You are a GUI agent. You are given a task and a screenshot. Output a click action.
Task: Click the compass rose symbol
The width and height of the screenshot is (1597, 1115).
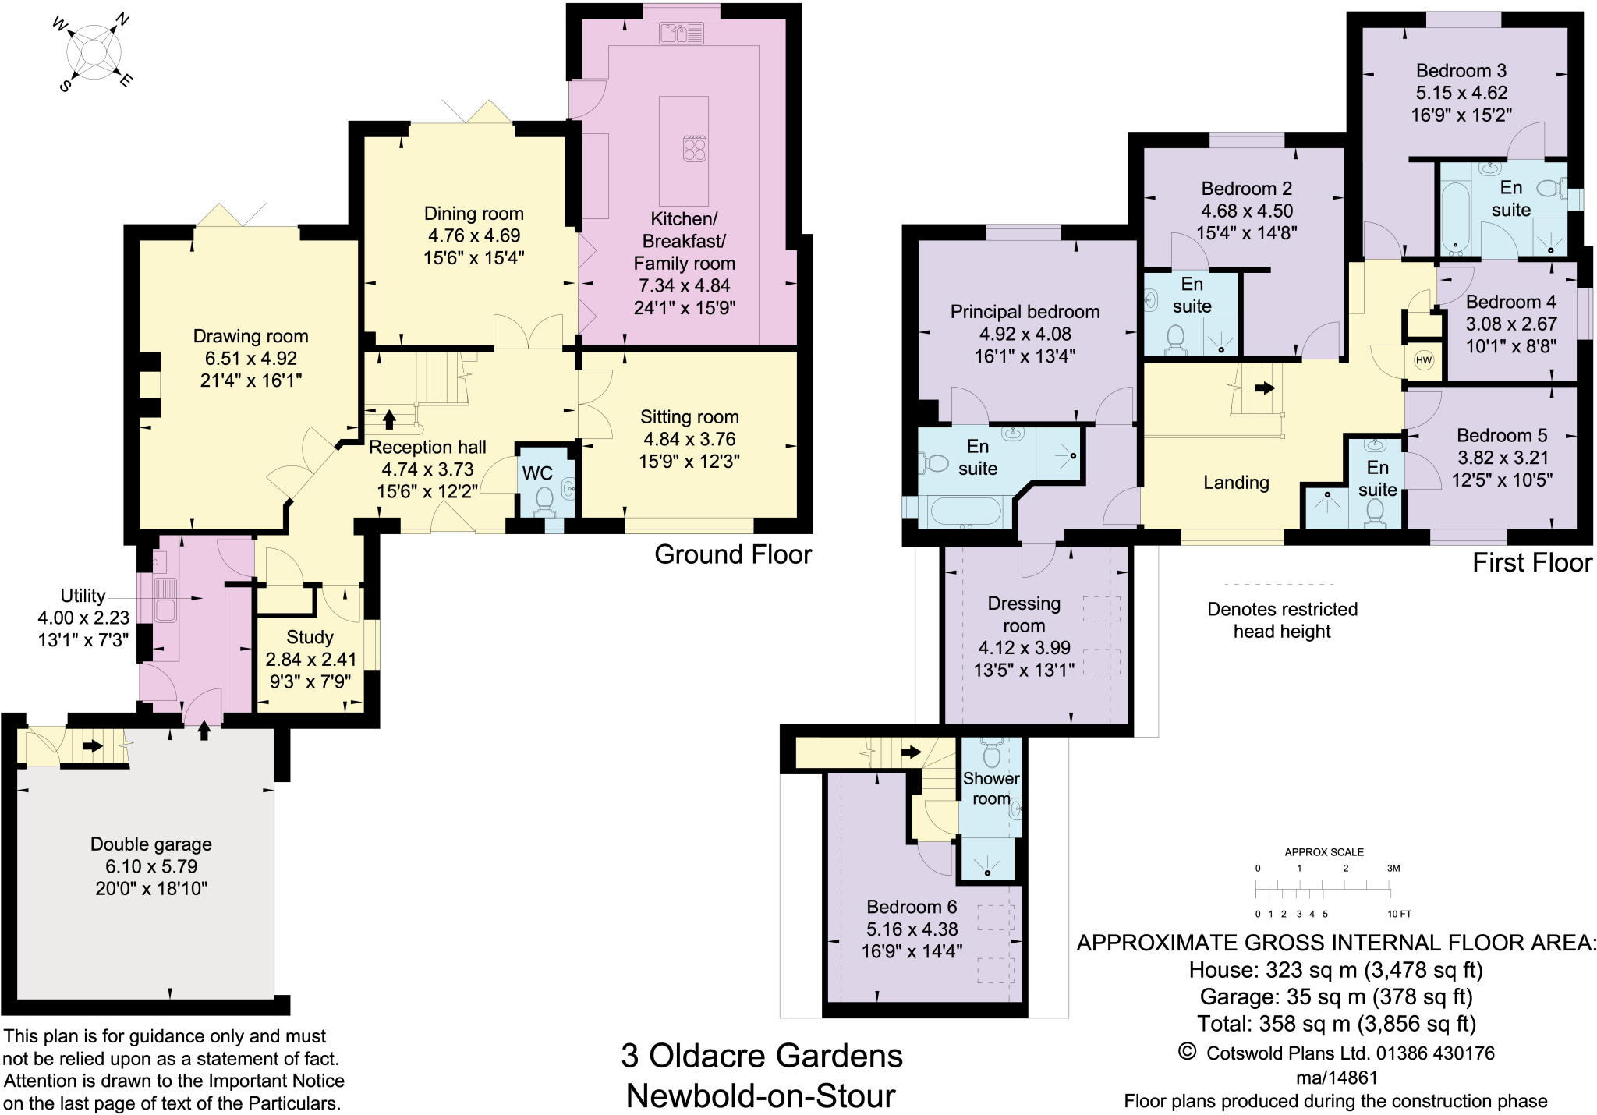[94, 52]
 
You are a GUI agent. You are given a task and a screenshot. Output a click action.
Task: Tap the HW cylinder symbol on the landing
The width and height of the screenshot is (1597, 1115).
[1424, 360]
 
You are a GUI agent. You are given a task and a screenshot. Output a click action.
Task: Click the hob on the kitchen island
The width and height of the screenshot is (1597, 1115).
[695, 148]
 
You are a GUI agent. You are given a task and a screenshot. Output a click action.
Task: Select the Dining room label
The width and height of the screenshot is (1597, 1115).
[473, 214]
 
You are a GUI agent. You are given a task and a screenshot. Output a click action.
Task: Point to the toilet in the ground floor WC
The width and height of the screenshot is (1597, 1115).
[545, 500]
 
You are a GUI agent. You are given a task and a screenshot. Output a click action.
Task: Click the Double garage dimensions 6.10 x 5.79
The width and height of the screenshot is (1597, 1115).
[151, 866]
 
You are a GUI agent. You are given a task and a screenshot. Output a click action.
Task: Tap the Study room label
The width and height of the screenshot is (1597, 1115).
[310, 637]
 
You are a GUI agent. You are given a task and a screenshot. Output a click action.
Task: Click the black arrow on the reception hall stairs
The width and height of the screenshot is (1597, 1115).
[389, 420]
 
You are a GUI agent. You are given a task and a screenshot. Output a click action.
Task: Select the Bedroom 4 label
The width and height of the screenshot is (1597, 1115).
[1510, 302]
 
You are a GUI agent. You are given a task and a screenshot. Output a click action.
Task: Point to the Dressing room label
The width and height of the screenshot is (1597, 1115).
[1024, 614]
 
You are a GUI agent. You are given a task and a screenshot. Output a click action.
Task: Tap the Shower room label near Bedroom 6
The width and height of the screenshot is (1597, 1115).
[991, 788]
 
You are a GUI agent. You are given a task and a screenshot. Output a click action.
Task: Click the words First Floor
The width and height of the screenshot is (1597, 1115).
[1531, 563]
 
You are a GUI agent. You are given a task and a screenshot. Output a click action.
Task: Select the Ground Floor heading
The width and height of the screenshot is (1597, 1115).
[733, 554]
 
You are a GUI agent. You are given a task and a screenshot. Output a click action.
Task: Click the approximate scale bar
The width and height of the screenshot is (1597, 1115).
[1323, 890]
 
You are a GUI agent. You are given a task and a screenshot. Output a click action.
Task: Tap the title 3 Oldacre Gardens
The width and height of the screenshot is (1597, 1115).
[761, 1056]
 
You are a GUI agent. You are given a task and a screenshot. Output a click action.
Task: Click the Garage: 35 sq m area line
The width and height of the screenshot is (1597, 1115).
[1336, 996]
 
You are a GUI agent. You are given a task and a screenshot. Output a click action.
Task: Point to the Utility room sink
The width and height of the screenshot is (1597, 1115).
[165, 600]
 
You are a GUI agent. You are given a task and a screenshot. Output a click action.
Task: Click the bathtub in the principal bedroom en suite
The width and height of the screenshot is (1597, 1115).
[965, 512]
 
